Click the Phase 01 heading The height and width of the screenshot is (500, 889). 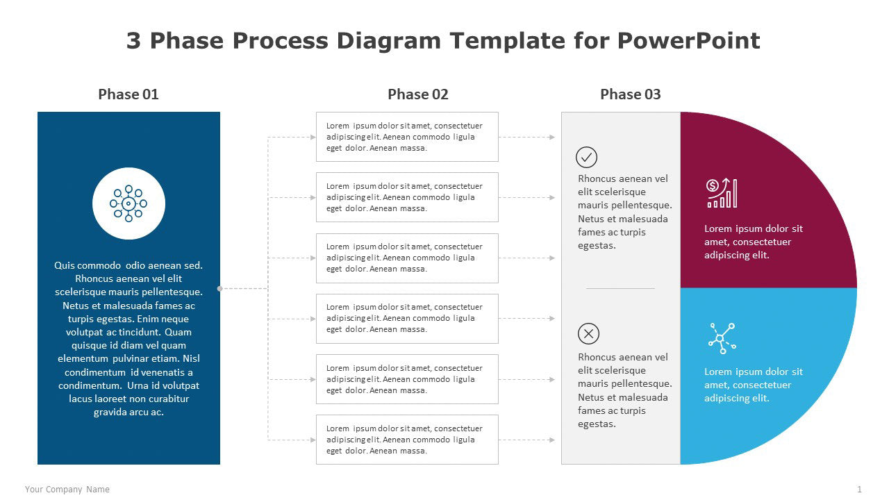128,94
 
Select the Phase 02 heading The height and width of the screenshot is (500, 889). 417,94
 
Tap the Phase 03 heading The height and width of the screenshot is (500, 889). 630,94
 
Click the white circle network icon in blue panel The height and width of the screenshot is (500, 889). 128,203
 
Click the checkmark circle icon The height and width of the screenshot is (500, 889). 587,158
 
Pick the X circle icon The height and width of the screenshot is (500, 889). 588,334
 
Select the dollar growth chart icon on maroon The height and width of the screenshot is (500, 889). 722,193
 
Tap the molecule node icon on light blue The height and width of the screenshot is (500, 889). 722,338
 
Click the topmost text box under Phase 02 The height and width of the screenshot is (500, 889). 407,137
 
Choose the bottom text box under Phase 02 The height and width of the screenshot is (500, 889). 407,440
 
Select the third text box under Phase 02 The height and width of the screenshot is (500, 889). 407,258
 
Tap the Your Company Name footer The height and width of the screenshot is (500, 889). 67,490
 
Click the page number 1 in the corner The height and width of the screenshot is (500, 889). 859,490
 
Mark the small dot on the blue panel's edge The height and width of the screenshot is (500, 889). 220,288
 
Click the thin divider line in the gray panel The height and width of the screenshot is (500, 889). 620,288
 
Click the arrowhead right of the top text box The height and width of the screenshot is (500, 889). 552,137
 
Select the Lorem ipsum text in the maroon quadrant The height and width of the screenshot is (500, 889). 754,242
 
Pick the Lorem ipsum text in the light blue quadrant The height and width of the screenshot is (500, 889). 754,385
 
